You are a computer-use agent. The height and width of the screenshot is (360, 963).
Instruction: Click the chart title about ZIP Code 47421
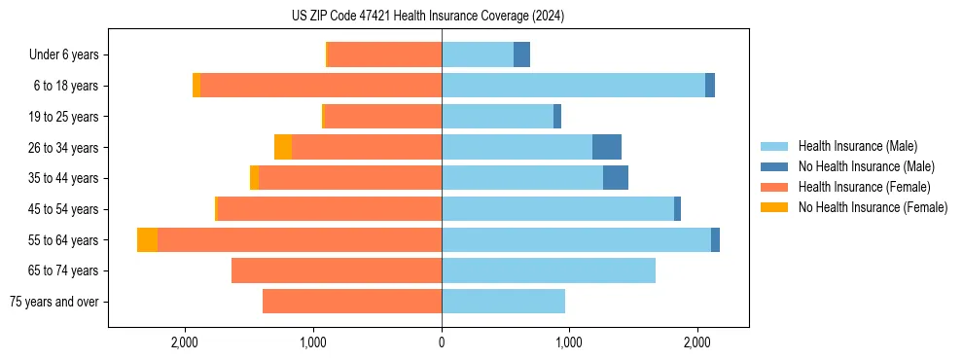click(x=428, y=17)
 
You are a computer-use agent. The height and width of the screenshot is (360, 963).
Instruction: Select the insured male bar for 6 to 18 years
click(x=574, y=86)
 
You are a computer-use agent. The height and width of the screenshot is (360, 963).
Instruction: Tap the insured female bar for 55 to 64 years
click(x=300, y=240)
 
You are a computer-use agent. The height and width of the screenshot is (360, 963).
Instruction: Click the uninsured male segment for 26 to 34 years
click(x=607, y=147)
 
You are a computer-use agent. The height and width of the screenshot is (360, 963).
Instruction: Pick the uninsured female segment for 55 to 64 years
click(x=147, y=240)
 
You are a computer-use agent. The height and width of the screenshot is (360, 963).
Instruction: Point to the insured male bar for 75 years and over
click(x=503, y=302)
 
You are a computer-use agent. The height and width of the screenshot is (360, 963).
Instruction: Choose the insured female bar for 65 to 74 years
click(x=337, y=270)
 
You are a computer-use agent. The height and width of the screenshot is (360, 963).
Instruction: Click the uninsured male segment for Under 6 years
click(x=521, y=54)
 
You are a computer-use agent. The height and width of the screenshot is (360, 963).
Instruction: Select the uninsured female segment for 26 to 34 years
click(x=283, y=147)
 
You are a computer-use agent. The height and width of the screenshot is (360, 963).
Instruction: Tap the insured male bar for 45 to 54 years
click(x=557, y=209)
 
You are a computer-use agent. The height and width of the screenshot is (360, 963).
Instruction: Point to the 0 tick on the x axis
click(x=442, y=342)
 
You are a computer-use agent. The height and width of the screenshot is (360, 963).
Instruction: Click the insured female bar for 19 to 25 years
click(x=382, y=117)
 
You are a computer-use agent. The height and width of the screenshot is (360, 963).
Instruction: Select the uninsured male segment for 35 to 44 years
click(x=616, y=178)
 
